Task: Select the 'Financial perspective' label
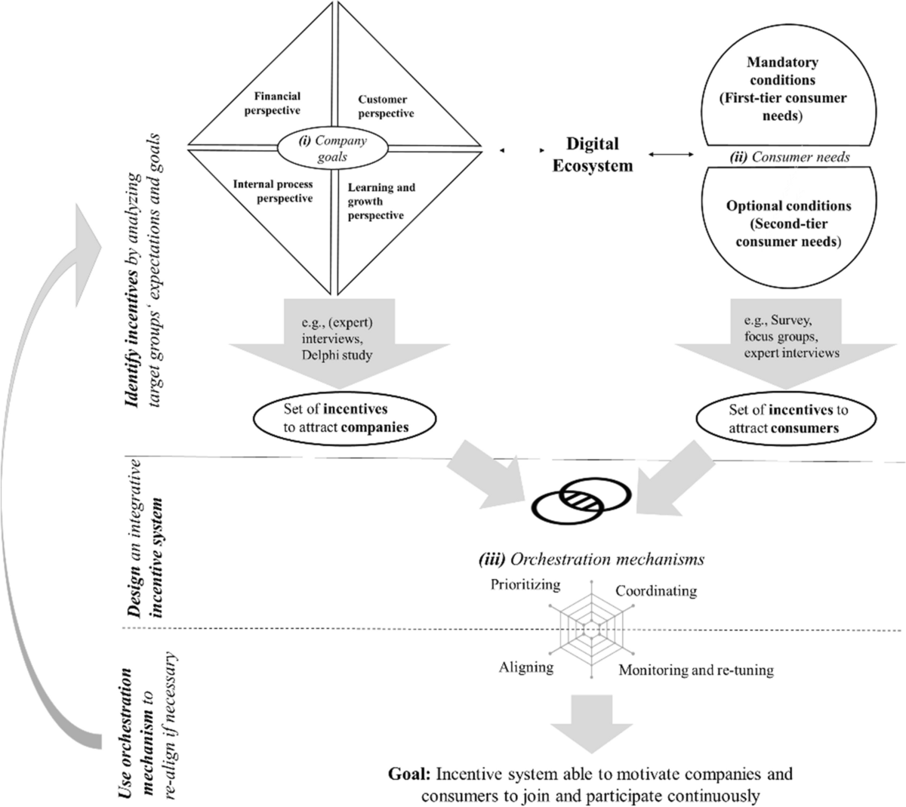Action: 277,103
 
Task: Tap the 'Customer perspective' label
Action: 386,106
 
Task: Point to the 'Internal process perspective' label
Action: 273,191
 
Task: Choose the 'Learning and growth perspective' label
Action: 381,202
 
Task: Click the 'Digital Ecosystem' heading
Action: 592,155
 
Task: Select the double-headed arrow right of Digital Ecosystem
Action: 670,155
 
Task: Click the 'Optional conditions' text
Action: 788,206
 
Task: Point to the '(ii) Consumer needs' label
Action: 788,158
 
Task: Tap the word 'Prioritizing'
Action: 525,584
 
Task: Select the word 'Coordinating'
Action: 655,591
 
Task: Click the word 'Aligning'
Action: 526,667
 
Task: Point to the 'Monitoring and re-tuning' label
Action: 696,670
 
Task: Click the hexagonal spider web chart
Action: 590,626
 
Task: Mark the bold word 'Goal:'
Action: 410,775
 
